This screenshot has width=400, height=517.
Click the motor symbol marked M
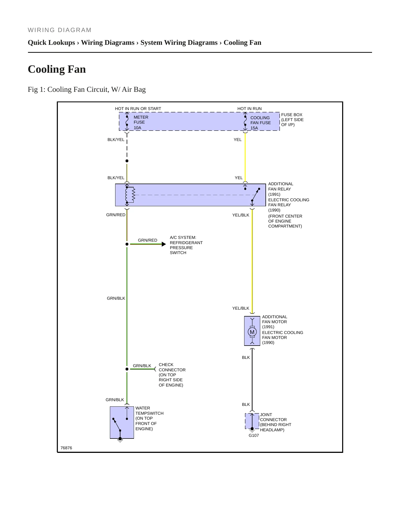point(252,332)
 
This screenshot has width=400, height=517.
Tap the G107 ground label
point(254,435)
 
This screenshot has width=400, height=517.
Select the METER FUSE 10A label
point(141,122)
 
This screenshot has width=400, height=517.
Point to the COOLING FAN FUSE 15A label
point(260,123)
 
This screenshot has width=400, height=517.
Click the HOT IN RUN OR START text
point(138,109)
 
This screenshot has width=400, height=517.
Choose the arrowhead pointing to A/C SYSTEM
point(164,244)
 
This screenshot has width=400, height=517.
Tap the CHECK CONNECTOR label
point(172,367)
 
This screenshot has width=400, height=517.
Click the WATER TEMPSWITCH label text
point(149,411)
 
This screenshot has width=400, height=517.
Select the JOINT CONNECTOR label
point(273,417)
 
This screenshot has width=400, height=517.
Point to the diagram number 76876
point(66,448)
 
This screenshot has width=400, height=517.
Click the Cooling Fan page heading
point(57,69)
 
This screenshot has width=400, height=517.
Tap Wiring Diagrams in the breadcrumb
point(108,43)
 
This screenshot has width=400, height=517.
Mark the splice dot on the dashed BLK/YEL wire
point(127,161)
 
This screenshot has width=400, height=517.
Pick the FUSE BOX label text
point(292,115)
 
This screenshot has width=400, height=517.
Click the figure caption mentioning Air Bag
point(87,90)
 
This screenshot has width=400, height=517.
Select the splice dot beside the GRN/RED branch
point(127,244)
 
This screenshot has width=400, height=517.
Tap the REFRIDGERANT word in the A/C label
point(186,243)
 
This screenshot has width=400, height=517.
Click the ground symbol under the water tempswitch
point(120,440)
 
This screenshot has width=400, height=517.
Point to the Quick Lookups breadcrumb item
point(51,43)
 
